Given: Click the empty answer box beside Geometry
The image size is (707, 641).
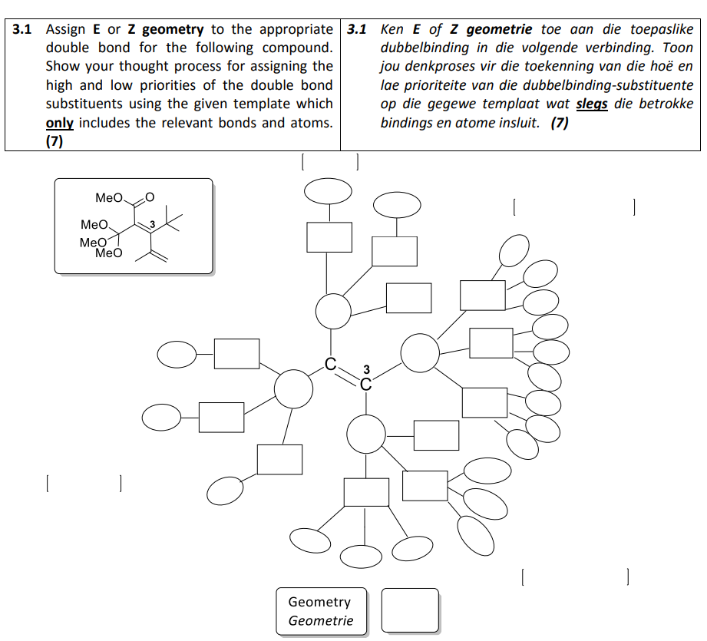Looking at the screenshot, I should [x=410, y=612].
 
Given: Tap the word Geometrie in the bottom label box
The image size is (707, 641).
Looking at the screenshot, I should [x=321, y=621].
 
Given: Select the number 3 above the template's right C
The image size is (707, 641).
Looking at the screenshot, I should [x=366, y=370].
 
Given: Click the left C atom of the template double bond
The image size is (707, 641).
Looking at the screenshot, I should [x=329, y=365].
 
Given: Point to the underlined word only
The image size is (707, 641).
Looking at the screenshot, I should [x=59, y=123].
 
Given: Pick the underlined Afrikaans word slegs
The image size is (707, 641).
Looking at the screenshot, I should [x=592, y=104].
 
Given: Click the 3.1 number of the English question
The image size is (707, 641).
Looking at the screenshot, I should [x=23, y=30].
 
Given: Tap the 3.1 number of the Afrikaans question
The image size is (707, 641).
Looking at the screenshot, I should [x=357, y=30].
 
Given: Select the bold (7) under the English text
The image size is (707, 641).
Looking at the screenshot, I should [x=55, y=140].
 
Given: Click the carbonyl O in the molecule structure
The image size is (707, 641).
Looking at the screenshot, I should [x=150, y=197].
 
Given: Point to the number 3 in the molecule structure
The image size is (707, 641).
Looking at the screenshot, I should [x=152, y=223].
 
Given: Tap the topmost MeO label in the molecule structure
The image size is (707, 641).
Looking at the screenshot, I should [x=109, y=198].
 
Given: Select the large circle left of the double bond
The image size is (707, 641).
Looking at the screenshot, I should [x=293, y=388].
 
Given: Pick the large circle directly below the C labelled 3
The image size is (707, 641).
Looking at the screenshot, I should [x=365, y=435].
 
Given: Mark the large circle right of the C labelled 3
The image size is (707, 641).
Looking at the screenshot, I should [x=420, y=354].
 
